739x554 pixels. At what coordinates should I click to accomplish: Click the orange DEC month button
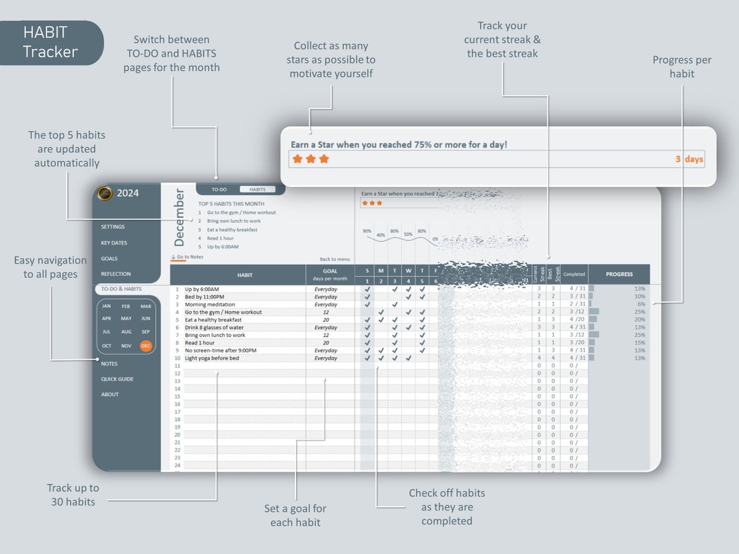[146, 346]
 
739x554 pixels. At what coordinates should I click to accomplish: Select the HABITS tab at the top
[257, 190]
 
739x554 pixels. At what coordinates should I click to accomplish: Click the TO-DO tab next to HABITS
[219, 190]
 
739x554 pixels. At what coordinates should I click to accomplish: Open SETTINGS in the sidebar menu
[113, 227]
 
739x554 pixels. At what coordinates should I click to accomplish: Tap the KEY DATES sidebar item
[114, 243]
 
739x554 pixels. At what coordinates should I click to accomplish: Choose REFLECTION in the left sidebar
[115, 274]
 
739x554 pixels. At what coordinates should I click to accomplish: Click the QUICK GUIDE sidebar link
[117, 379]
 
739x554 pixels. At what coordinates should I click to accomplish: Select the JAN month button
[106, 306]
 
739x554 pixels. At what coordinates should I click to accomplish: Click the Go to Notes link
[187, 257]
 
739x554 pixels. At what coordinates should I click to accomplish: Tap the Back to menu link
[334, 259]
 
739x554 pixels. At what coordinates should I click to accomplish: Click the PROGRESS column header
[619, 274]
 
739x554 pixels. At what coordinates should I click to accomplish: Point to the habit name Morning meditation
[209, 305]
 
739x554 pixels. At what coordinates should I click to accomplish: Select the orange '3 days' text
[689, 159]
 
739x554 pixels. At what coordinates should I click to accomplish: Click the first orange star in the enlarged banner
[298, 159]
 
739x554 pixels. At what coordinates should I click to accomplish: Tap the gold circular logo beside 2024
[104, 193]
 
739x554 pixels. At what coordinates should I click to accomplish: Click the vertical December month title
[180, 218]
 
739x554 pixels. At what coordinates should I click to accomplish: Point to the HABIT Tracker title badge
[51, 43]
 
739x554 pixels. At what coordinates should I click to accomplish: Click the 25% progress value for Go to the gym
[639, 312]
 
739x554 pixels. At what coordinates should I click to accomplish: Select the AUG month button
[126, 332]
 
